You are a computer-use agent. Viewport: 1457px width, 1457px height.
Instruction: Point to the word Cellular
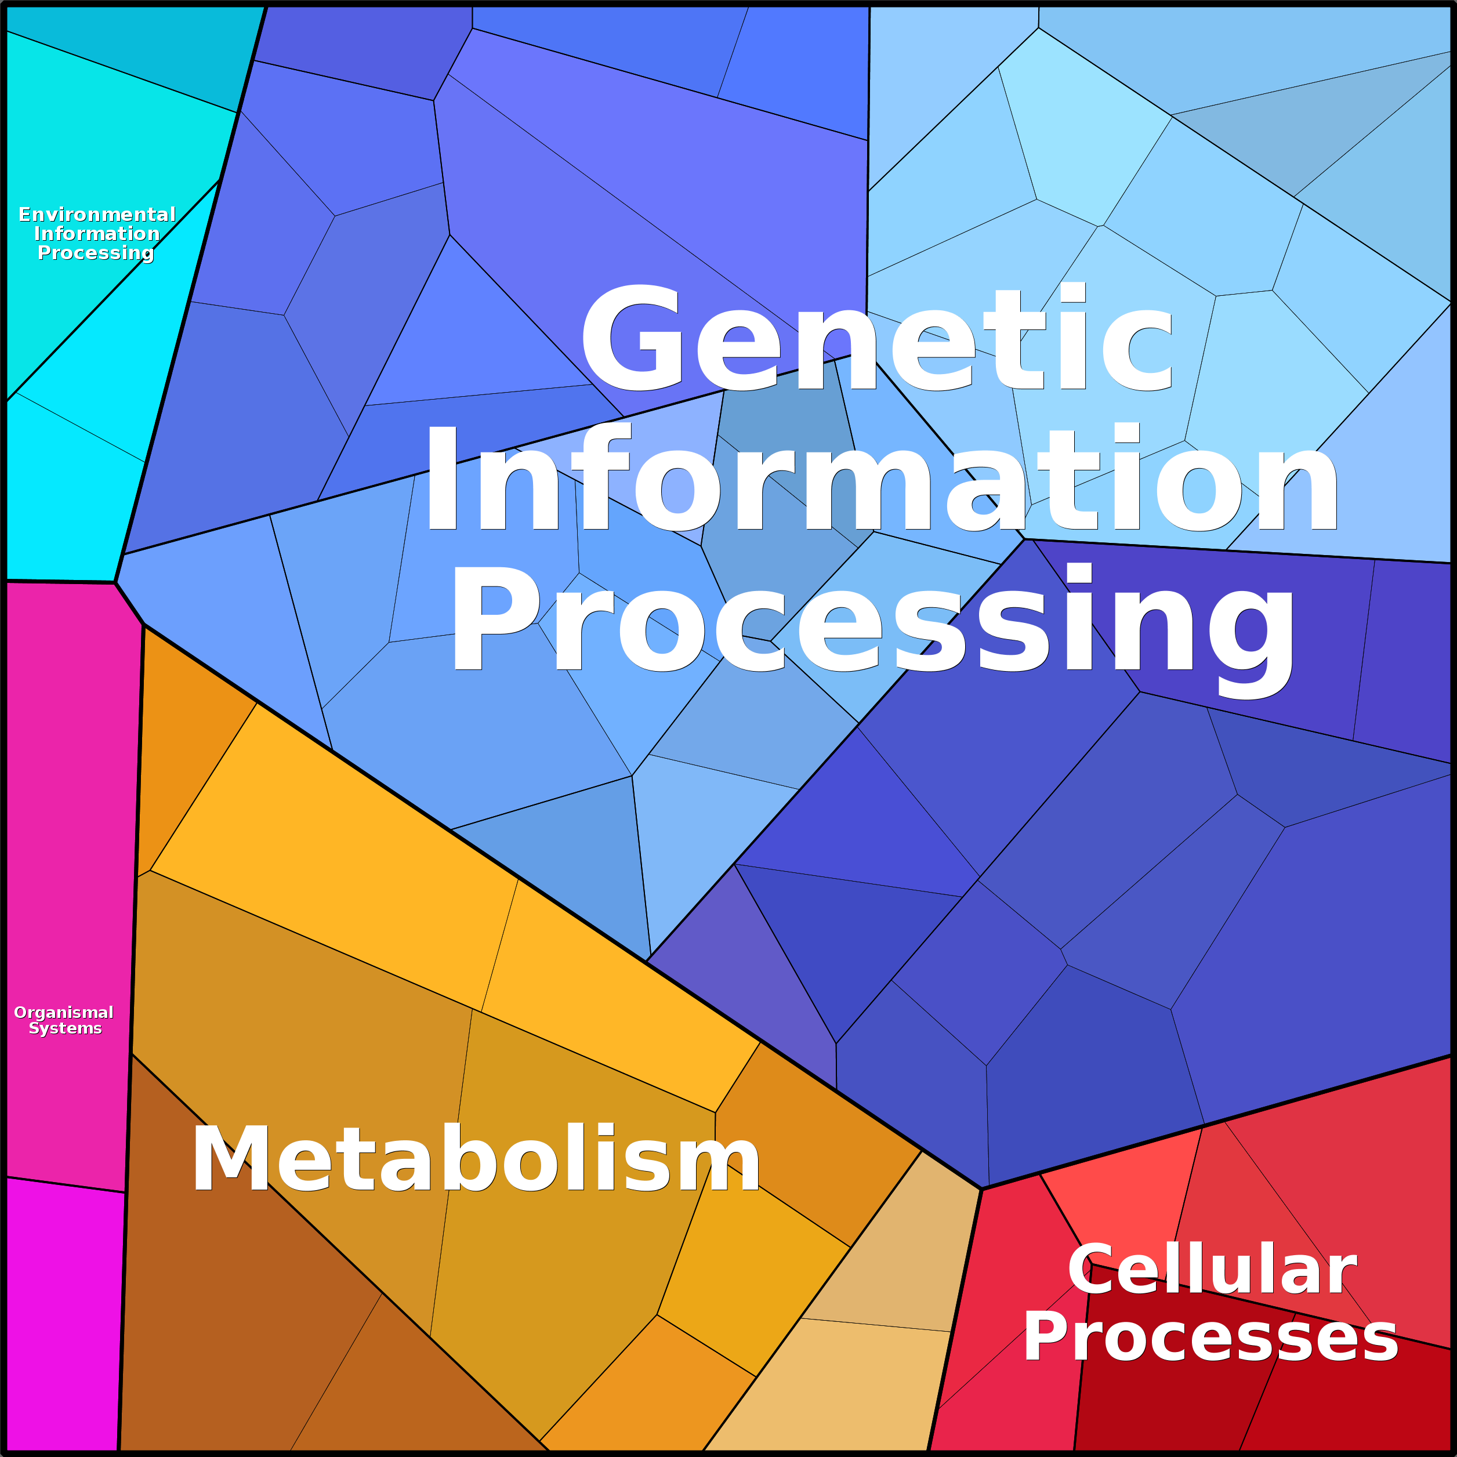coord(1212,1270)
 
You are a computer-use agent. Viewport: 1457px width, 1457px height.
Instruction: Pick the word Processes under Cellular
coord(1210,1337)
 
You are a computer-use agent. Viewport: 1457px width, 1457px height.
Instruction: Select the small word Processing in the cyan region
coord(96,253)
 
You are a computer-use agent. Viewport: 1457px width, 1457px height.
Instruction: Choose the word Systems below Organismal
coord(65,1028)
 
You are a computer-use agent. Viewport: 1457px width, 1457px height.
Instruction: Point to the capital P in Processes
coord(1046,1336)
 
